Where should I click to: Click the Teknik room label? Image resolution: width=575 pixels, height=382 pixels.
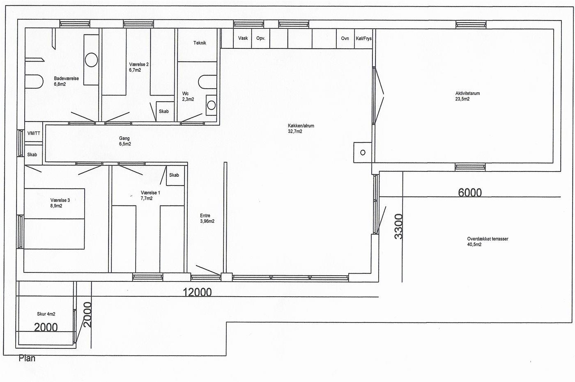(x=200, y=43)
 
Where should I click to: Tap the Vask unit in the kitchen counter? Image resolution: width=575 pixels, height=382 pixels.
(x=242, y=38)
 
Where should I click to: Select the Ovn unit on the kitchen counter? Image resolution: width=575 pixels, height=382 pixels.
(x=345, y=39)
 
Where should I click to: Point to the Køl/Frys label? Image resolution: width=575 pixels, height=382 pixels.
(x=363, y=39)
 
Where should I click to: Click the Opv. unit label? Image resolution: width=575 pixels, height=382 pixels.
(x=260, y=39)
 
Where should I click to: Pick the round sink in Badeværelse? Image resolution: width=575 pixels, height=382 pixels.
(x=91, y=60)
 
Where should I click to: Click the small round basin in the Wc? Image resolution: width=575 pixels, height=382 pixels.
(x=211, y=105)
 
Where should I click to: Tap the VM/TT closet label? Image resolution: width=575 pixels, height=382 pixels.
(x=34, y=133)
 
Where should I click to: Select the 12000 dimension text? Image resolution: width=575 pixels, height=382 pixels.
(x=197, y=292)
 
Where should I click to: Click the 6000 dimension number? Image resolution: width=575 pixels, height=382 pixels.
(x=470, y=192)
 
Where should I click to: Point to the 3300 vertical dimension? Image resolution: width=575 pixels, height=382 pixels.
(x=398, y=226)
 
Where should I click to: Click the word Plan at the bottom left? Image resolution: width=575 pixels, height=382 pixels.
(x=27, y=358)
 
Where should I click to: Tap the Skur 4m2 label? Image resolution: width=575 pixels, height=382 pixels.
(x=46, y=314)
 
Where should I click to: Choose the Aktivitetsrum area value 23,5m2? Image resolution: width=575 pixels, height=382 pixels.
(x=462, y=99)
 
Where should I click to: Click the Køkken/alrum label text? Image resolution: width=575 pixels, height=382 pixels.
(x=301, y=126)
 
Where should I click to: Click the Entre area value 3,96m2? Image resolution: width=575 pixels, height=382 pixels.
(x=207, y=221)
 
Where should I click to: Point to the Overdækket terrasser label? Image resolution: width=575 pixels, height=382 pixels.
(x=488, y=239)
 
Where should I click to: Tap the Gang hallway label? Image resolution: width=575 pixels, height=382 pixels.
(x=124, y=138)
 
